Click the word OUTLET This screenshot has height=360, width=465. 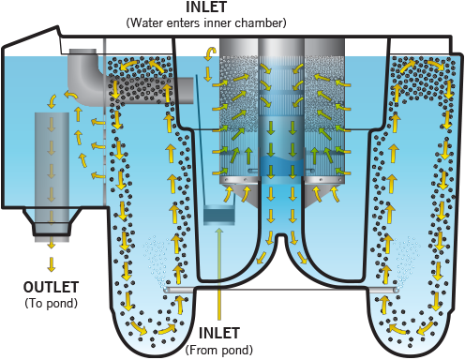pos(51,287)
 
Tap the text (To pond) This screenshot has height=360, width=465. pos(51,303)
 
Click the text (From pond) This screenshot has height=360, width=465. pos(218,350)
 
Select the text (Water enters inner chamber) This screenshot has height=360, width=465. pos(206,22)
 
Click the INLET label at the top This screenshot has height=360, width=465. pos(206,7)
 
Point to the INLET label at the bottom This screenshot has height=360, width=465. pos(219,333)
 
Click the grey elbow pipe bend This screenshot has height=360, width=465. pos(83,77)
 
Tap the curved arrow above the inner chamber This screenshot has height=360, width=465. pos(210,53)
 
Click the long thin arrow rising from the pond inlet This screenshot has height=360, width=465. pos(219,274)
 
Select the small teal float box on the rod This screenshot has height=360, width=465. pos(218,215)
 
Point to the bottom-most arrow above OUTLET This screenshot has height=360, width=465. pos(52,264)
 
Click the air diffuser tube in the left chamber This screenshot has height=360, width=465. pos(178,290)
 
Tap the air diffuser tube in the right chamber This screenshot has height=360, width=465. pos(384,290)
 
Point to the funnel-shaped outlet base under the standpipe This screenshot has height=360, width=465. pos(52,222)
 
